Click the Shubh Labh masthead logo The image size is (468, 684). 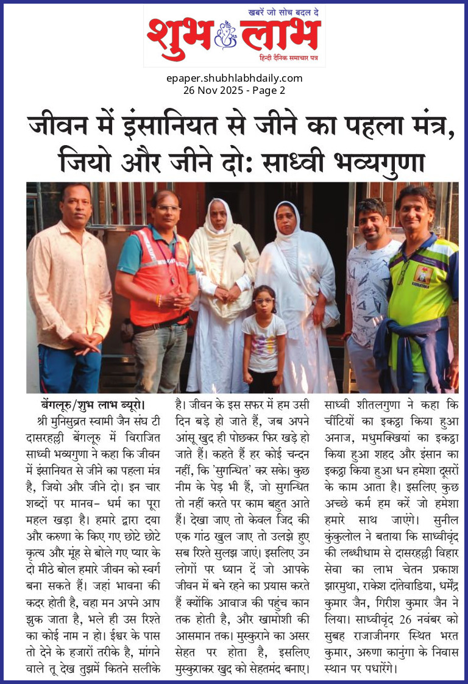[x=234, y=35]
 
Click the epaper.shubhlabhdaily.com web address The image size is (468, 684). [x=234, y=78]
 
